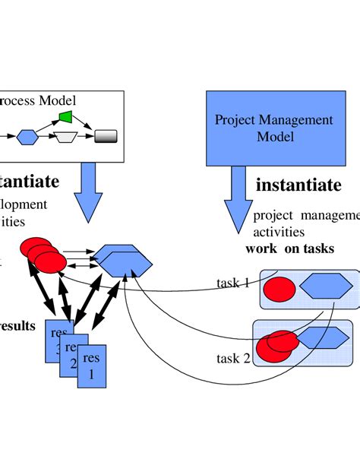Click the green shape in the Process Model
click(x=65, y=117)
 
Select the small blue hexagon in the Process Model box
click(x=27, y=137)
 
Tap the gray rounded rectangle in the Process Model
click(x=105, y=137)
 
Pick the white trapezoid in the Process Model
click(x=67, y=137)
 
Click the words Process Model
click(x=38, y=100)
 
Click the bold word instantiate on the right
click(x=298, y=185)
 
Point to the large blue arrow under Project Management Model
click(x=238, y=194)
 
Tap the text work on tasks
click(x=289, y=249)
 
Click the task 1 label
click(x=233, y=283)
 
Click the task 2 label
click(x=233, y=357)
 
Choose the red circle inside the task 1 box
click(x=279, y=290)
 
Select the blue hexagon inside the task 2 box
click(x=322, y=337)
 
